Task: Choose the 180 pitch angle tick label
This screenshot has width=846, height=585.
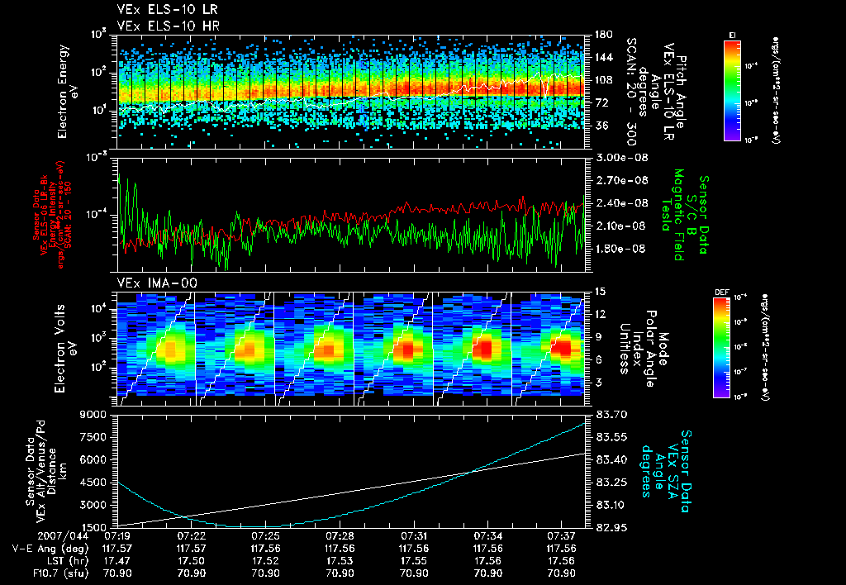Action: [602, 35]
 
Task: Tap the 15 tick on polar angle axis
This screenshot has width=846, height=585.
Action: [599, 292]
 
